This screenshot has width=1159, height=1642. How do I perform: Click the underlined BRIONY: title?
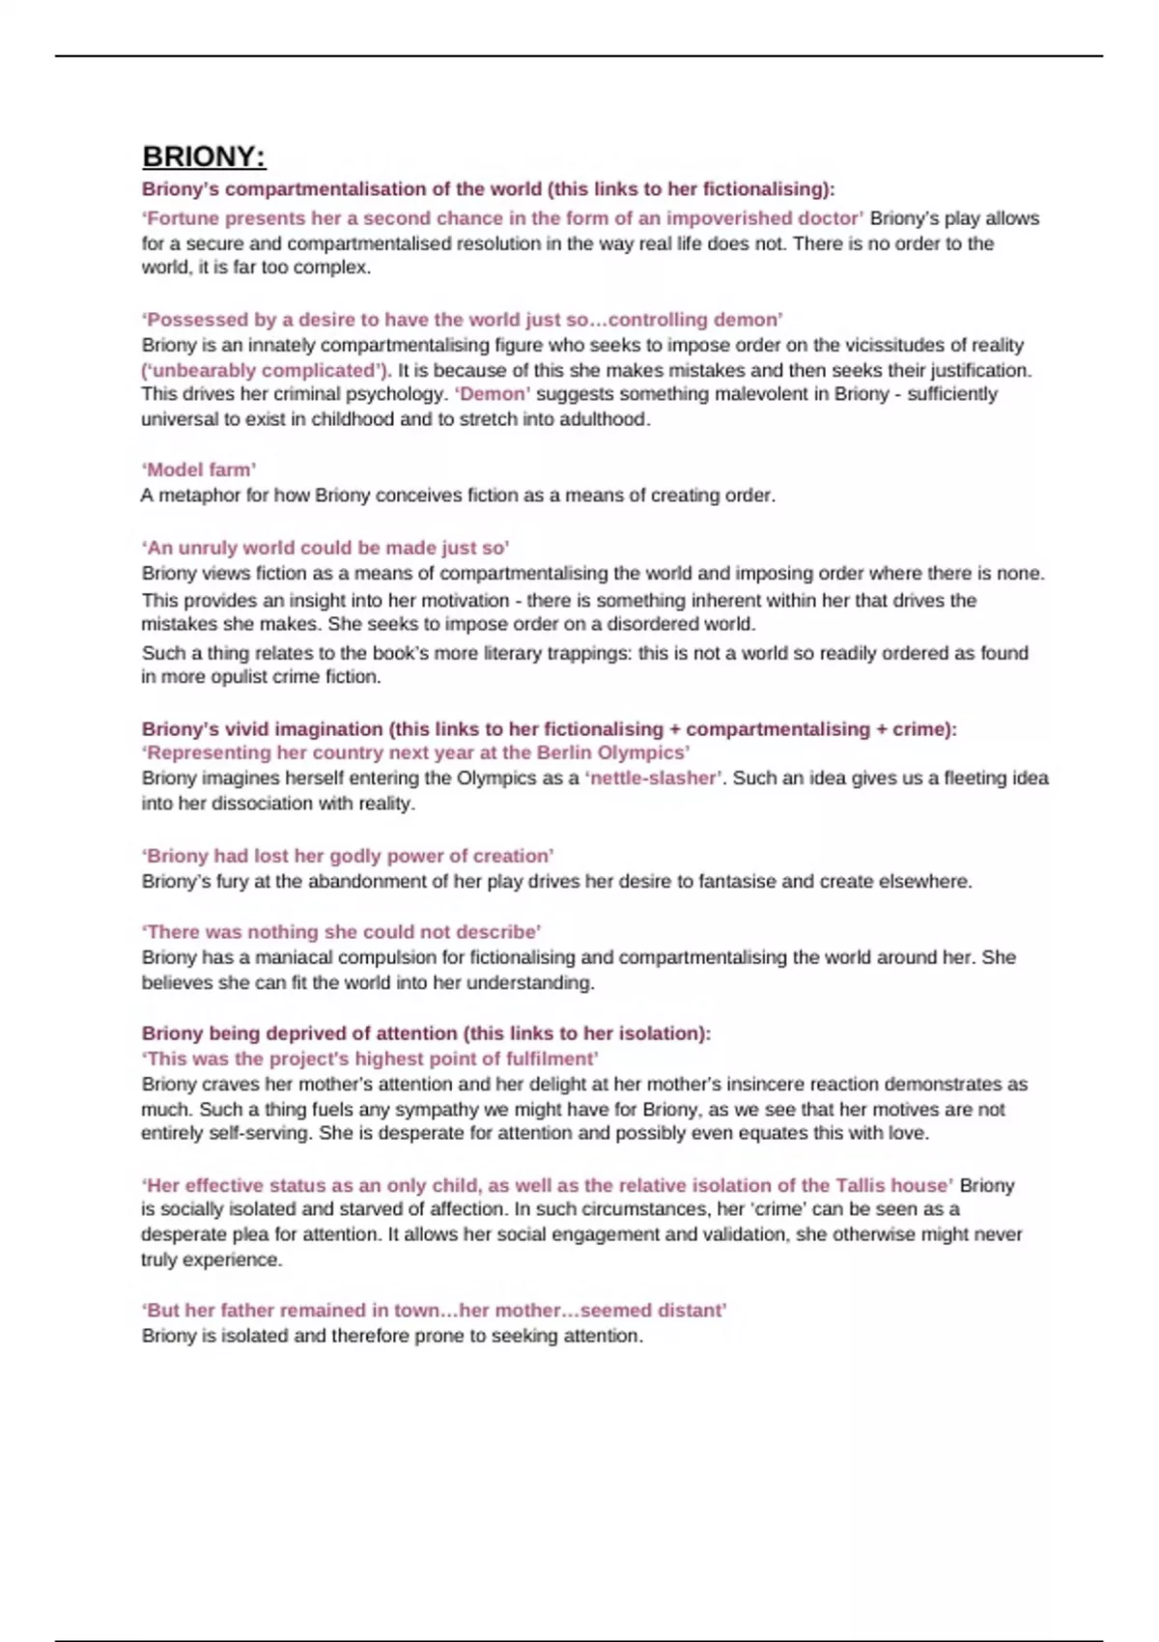204,156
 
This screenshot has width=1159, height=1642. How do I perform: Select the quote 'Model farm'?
199,470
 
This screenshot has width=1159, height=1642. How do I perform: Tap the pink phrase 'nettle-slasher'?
654,779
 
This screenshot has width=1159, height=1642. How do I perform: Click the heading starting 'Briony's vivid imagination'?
549,729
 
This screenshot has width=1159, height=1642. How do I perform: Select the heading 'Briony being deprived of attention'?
426,1033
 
